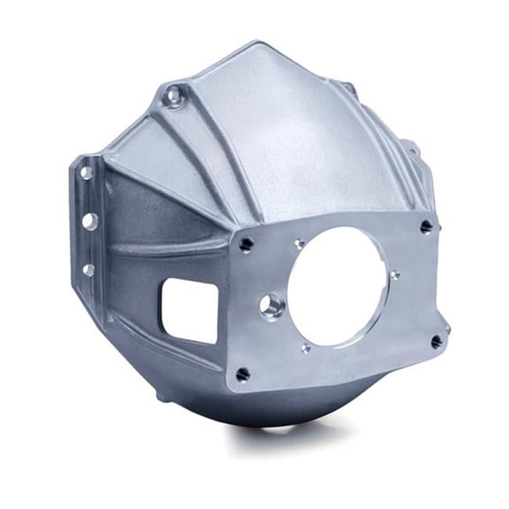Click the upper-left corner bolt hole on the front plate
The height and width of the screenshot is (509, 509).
(x=247, y=244)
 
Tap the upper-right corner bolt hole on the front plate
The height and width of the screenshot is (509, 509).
(x=427, y=227)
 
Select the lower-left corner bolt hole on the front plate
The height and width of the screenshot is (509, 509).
(x=243, y=374)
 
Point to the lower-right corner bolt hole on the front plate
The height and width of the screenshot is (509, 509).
(x=437, y=340)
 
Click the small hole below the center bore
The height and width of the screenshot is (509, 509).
(x=306, y=348)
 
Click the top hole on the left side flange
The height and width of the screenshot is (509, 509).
(x=86, y=173)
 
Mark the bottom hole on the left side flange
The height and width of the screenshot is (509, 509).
(x=88, y=269)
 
